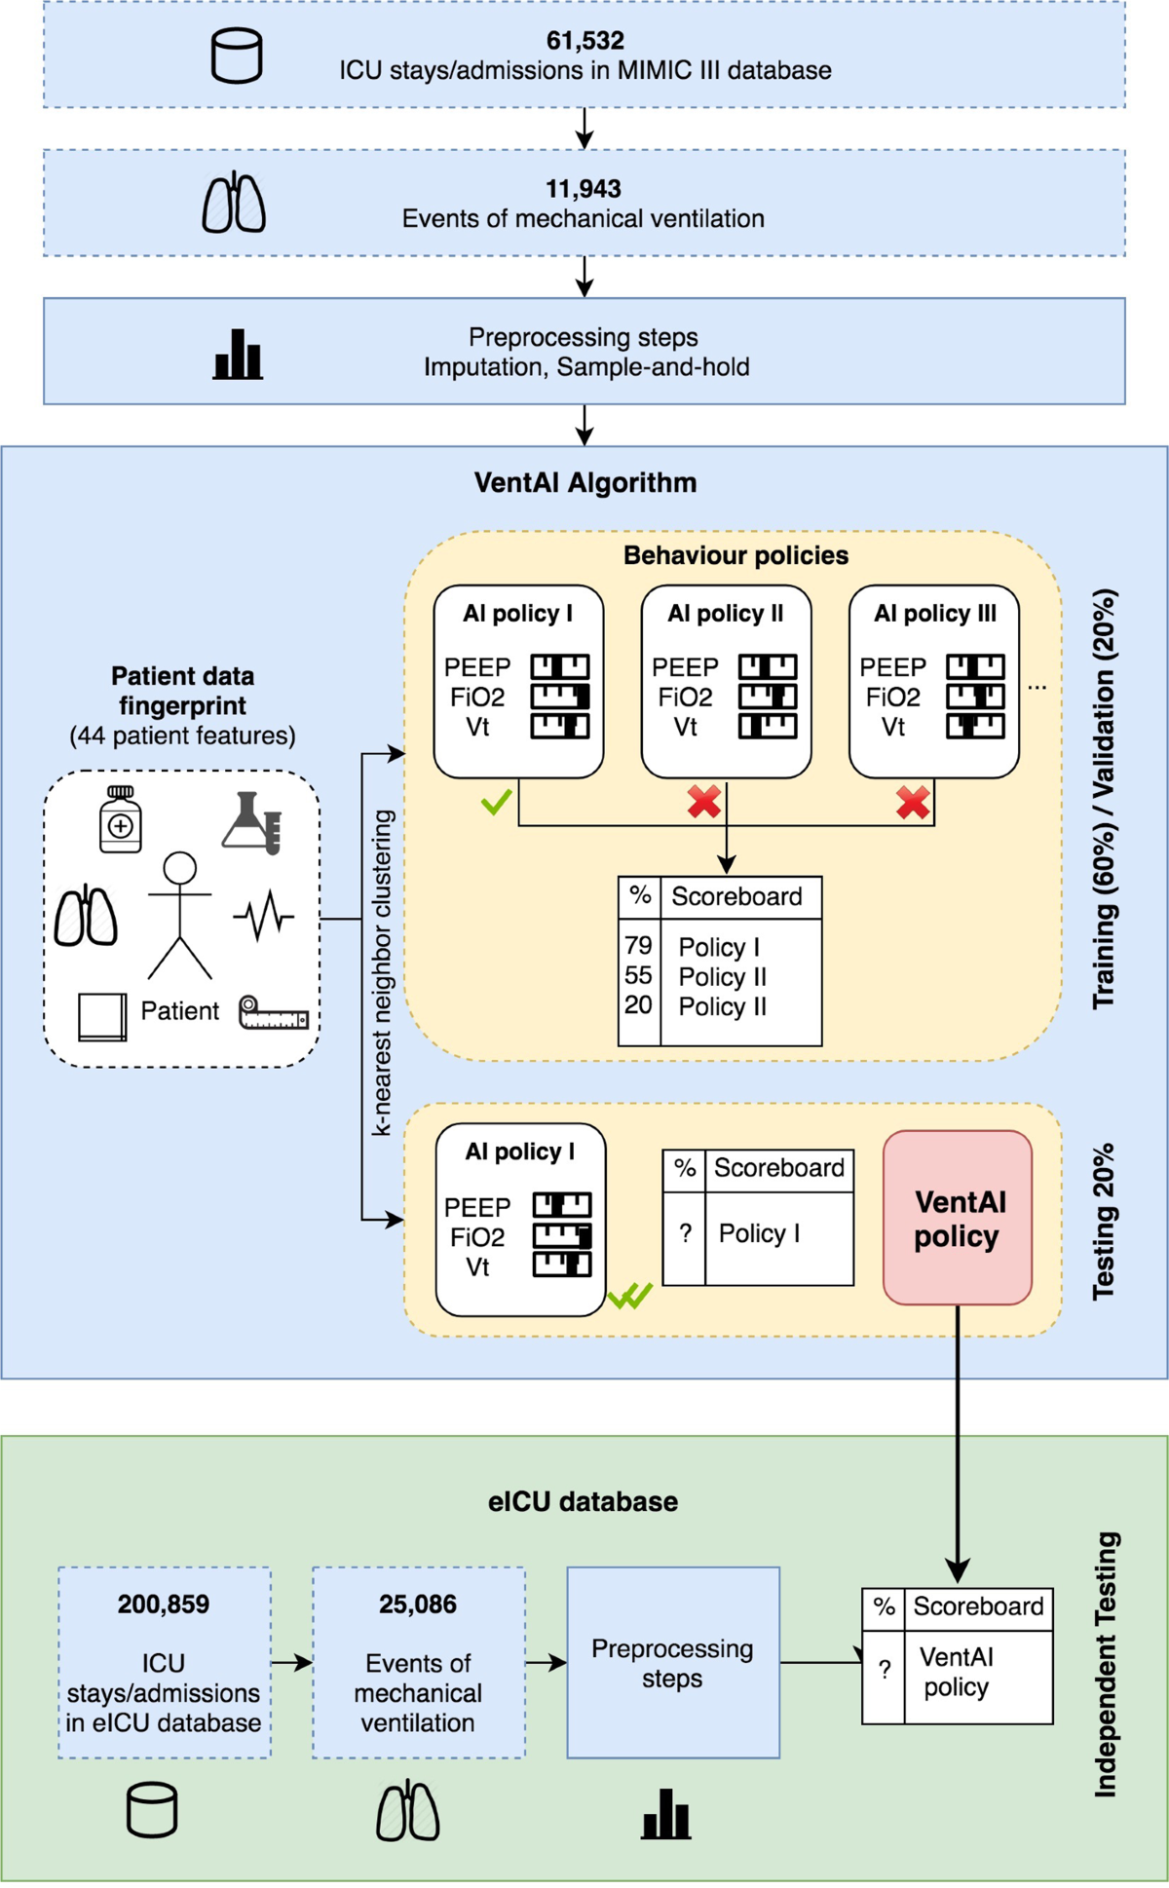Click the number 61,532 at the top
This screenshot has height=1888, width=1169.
[x=584, y=41]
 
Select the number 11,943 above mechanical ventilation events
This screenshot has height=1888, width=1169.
[x=584, y=189]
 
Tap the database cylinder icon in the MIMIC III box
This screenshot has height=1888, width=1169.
[x=237, y=56]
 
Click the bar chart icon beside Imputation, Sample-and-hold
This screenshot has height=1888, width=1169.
[x=238, y=354]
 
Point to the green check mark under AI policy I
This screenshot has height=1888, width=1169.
[x=497, y=802]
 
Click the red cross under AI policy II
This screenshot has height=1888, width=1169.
[x=704, y=802]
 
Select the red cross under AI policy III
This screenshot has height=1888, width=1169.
[x=913, y=802]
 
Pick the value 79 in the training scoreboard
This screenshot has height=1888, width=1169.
[x=638, y=946]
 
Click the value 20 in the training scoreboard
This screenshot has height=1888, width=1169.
[x=638, y=1005]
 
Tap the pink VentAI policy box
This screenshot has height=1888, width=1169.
[x=957, y=1218]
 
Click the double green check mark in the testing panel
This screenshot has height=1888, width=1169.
[x=630, y=1296]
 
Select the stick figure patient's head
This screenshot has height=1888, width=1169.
[x=180, y=868]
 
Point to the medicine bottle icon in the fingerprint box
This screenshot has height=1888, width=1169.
[x=121, y=819]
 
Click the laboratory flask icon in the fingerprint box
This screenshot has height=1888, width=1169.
[x=253, y=823]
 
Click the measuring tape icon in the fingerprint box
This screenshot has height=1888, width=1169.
[x=274, y=1014]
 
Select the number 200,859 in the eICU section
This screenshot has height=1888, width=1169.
[x=164, y=1605]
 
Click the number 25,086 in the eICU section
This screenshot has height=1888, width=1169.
[x=418, y=1605]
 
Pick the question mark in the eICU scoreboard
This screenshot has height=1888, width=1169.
[x=884, y=1670]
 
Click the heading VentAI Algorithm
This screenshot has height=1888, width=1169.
[x=585, y=483]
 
